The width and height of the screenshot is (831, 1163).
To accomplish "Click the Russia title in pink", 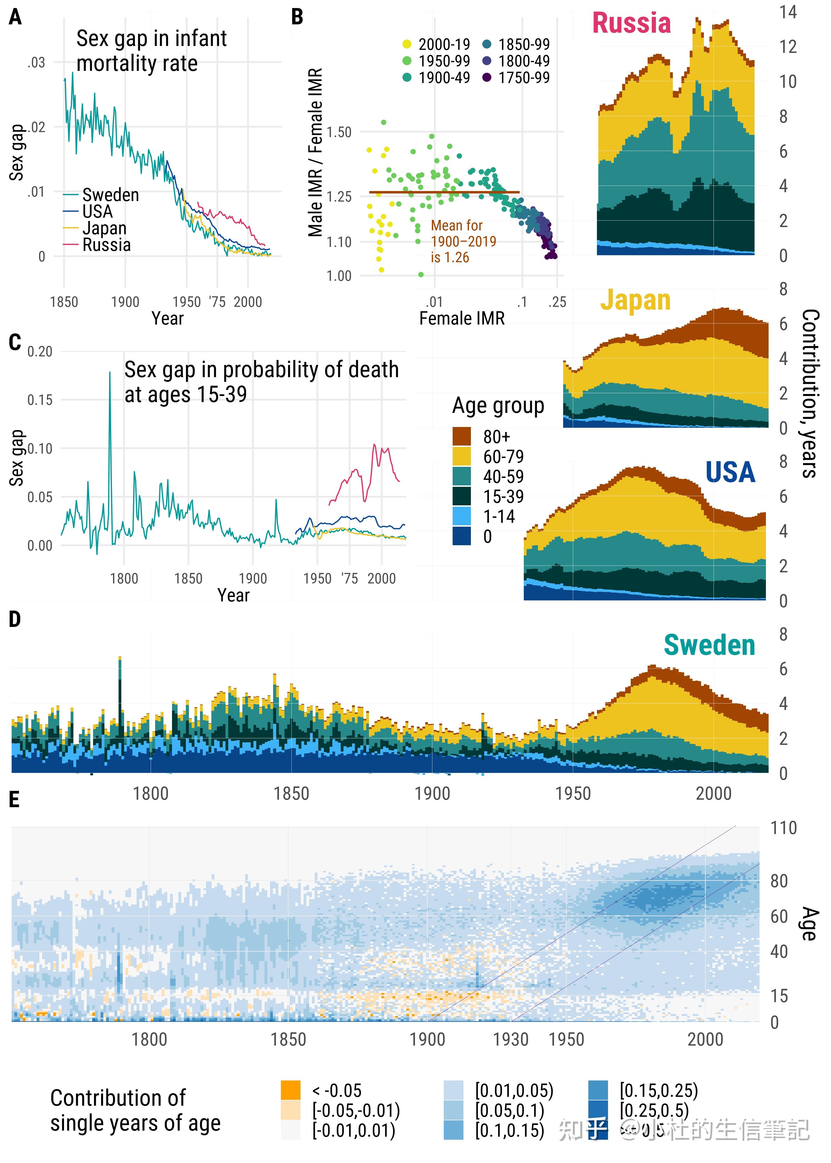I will click(x=631, y=23).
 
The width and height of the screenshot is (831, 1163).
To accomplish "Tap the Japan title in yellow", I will click(x=635, y=300).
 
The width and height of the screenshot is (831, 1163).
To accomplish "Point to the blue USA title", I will click(x=730, y=472).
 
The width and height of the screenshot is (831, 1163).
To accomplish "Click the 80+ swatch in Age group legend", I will click(x=461, y=436).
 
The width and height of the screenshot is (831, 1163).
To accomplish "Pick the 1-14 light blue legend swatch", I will click(x=461, y=516).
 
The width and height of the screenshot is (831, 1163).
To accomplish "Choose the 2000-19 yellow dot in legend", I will click(x=407, y=45).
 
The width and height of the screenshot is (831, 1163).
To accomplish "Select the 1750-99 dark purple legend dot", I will click(x=487, y=78).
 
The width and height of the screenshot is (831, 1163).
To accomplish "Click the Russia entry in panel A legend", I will click(x=106, y=245).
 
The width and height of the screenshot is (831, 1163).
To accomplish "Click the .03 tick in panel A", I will click(x=36, y=62).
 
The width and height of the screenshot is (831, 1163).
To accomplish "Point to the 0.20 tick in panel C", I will click(x=40, y=351).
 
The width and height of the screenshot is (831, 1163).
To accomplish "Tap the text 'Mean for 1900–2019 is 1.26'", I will click(x=463, y=241).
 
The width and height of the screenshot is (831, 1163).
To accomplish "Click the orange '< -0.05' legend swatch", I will click(x=291, y=1090).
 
